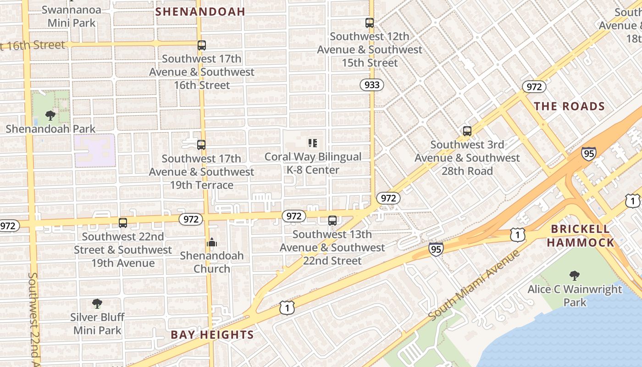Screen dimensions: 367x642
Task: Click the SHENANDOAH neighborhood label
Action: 200,11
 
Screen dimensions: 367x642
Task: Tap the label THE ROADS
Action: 569,106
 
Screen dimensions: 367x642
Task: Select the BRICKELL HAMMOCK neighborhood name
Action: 580,235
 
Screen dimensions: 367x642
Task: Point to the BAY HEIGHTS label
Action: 212,335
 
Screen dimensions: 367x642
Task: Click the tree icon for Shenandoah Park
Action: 50,116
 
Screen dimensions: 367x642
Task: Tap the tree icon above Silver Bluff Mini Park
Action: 97,303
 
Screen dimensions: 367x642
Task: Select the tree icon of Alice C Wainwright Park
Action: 574,276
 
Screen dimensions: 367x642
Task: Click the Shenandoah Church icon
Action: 212,242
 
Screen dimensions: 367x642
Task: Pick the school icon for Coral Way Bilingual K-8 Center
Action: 313,143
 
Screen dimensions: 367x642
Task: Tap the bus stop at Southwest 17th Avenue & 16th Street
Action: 202,45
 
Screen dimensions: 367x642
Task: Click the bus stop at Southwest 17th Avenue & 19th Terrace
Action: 201,145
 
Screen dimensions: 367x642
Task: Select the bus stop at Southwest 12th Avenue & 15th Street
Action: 370,22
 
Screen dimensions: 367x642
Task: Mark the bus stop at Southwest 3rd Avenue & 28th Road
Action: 467,131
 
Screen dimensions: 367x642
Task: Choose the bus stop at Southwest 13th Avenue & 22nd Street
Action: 332,221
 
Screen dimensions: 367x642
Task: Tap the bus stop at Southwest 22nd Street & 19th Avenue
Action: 123,223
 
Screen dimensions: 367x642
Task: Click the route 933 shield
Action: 371,85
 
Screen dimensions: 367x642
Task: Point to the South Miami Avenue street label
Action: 475,285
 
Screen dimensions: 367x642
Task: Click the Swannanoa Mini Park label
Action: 72,16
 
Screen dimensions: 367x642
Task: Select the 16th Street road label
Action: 33,45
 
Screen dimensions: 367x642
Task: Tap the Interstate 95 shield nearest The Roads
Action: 589,153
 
